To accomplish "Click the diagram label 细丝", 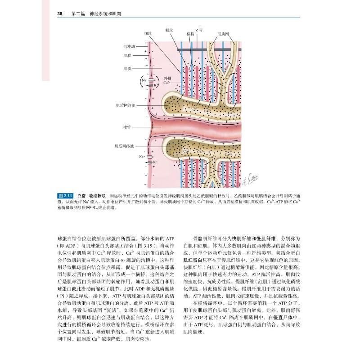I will point(148,33).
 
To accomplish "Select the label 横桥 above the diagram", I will point(190,34).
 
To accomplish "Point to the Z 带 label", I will point(198,29).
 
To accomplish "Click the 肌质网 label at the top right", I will point(223,34).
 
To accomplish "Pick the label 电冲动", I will point(129,46).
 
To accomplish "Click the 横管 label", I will point(126,127).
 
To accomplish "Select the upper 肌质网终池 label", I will point(125,106).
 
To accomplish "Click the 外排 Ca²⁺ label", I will point(166,81).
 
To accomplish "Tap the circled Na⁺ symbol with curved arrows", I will point(144,80).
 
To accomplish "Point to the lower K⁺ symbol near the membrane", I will point(155,162).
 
